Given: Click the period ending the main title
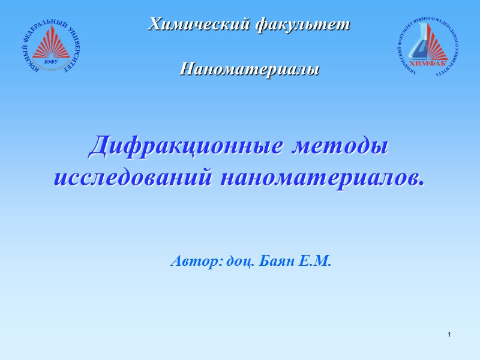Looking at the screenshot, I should coord(420,182).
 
